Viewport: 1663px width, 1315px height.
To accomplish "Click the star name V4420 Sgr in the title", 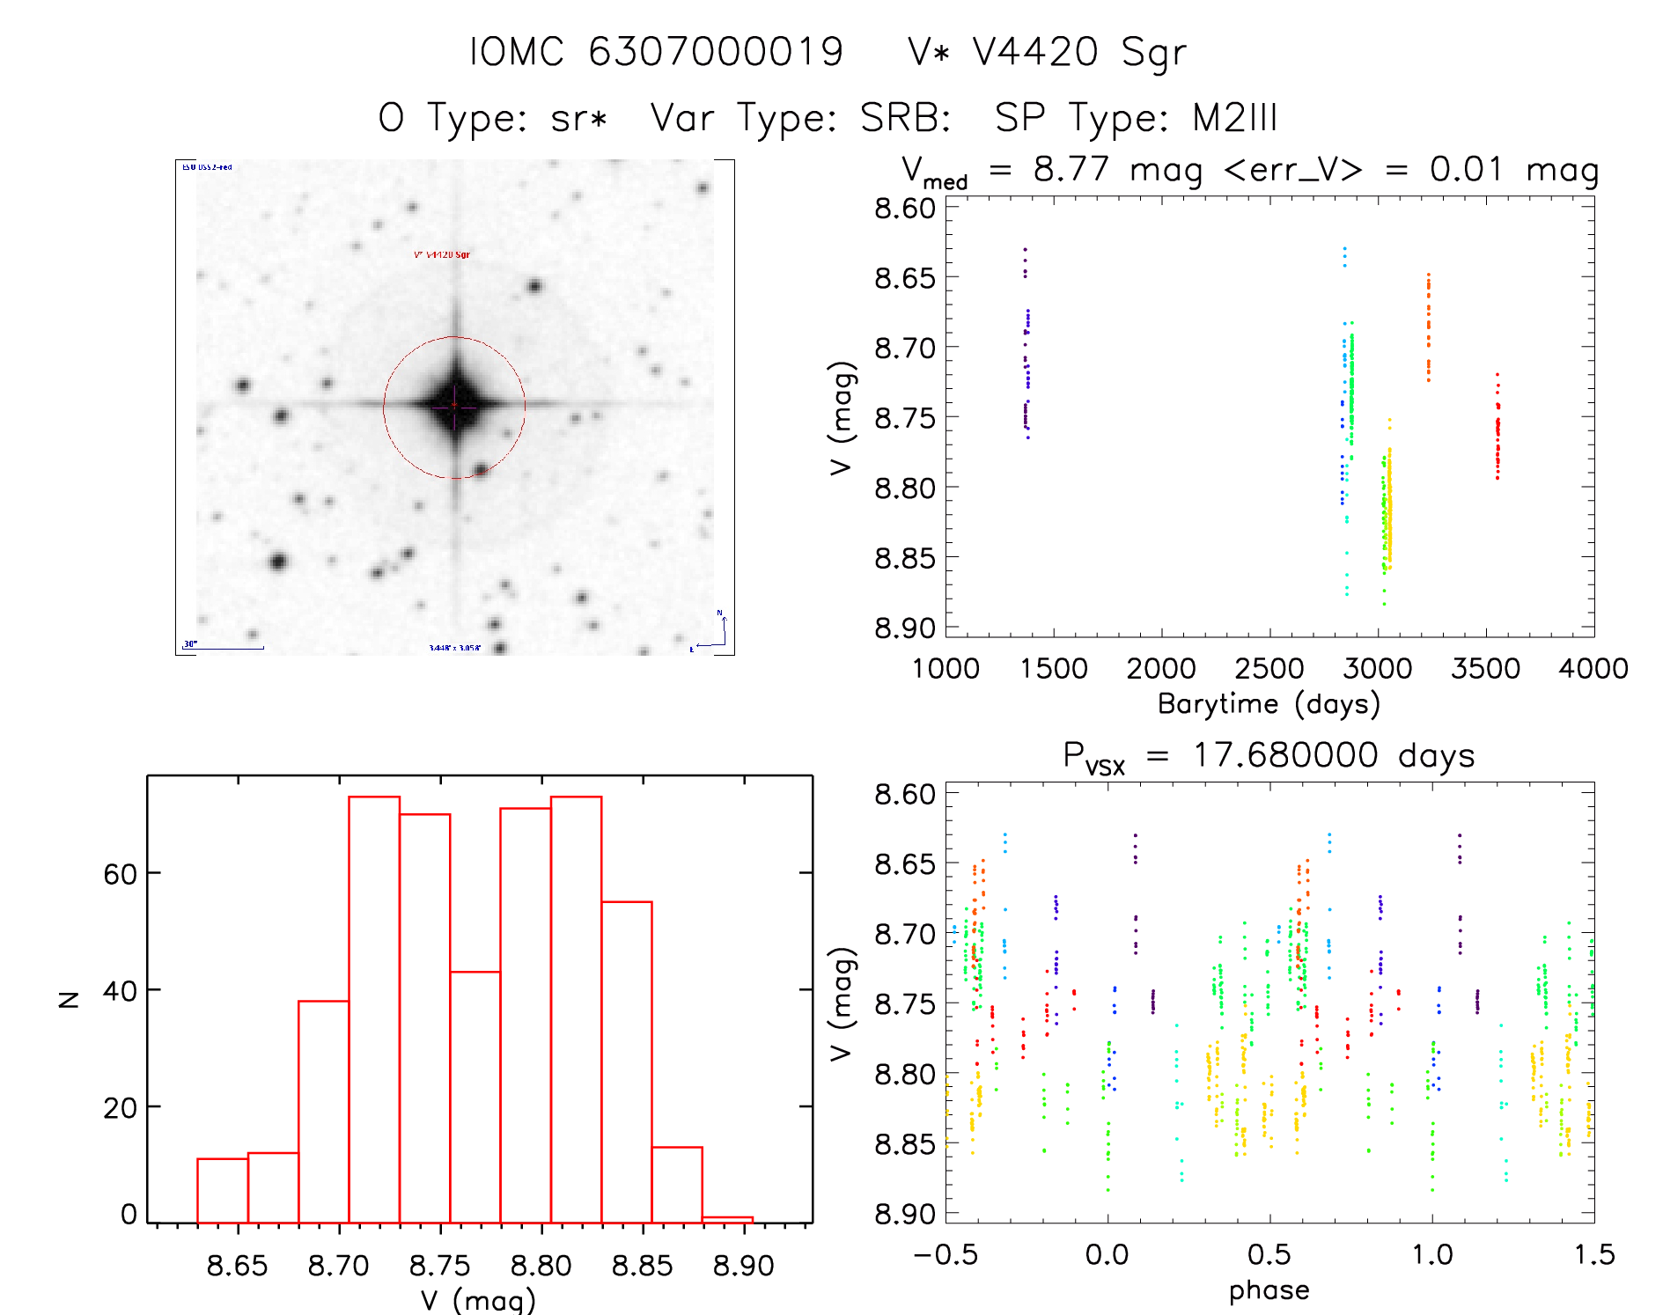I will [x=1079, y=53].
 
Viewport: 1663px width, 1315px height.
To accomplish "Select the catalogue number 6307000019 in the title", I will [x=716, y=53].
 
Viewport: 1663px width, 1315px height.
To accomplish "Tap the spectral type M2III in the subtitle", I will [x=1234, y=118].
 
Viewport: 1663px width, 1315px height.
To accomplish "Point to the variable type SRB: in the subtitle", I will [x=906, y=118].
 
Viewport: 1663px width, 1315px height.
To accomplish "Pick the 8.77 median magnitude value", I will [x=1071, y=169].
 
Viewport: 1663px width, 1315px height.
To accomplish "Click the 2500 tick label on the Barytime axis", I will [x=1269, y=669].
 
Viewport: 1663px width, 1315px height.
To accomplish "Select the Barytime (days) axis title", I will [x=1269, y=704].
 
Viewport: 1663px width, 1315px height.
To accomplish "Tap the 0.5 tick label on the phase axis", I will [x=1269, y=1255].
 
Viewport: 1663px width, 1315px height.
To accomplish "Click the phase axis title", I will [x=1269, y=1290].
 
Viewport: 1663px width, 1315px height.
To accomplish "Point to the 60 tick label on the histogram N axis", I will [x=120, y=874].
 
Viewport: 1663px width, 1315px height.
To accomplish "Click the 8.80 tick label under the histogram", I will [x=541, y=1267].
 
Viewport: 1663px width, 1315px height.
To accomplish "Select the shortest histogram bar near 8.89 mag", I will [x=727, y=1219].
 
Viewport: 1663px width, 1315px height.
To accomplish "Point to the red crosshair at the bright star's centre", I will [x=454, y=407].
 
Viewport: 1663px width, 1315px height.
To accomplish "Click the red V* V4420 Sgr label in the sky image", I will [x=442, y=255].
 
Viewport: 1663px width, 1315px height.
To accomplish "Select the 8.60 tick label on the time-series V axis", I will [x=904, y=209].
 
